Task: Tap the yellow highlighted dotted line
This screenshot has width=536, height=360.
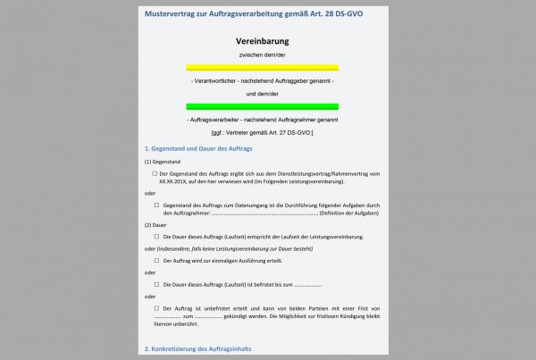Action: (263, 68)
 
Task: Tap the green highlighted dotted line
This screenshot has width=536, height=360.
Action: (263, 106)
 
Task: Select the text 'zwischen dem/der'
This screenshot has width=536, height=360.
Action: (263, 55)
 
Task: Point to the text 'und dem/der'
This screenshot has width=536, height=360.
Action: (263, 93)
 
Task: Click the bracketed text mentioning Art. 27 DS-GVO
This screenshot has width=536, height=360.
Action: (263, 131)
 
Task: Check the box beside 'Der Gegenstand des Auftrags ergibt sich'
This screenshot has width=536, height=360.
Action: (155, 173)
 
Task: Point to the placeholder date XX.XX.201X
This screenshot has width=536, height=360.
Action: (175, 180)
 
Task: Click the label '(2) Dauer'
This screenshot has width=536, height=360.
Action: (155, 224)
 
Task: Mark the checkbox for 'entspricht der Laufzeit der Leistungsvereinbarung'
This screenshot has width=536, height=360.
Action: (155, 237)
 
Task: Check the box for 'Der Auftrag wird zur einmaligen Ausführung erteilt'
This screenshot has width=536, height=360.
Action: (155, 260)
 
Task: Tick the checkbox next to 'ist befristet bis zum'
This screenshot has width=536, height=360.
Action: (155, 284)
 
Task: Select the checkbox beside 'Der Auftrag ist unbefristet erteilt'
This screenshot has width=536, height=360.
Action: (155, 308)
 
